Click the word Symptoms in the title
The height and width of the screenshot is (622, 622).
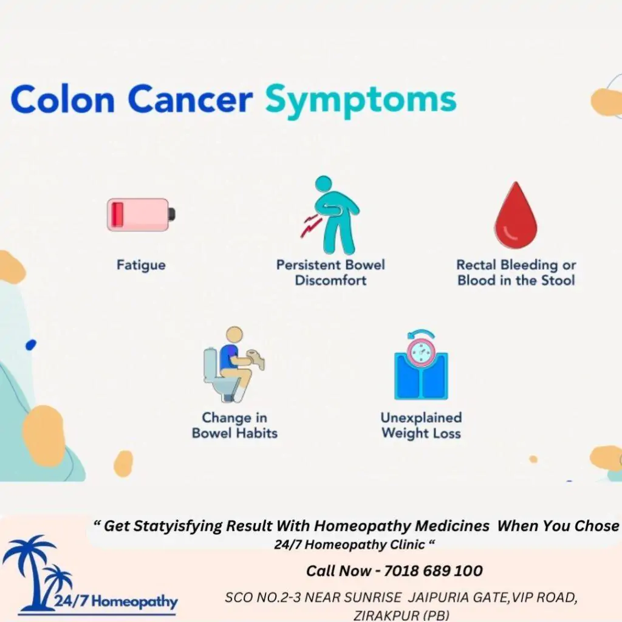(360, 100)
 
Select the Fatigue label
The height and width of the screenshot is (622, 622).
(141, 265)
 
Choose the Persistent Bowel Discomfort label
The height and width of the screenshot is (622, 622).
(330, 273)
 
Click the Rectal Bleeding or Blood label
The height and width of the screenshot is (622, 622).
(516, 273)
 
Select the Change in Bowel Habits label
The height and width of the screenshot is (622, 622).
(234, 425)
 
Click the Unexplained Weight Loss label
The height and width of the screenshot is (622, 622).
(421, 425)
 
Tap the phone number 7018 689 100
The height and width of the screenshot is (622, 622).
(432, 571)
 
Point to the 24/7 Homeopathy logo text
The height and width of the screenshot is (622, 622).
(115, 603)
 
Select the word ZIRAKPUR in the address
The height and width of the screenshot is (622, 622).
(376, 615)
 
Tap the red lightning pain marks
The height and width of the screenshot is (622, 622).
(310, 227)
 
